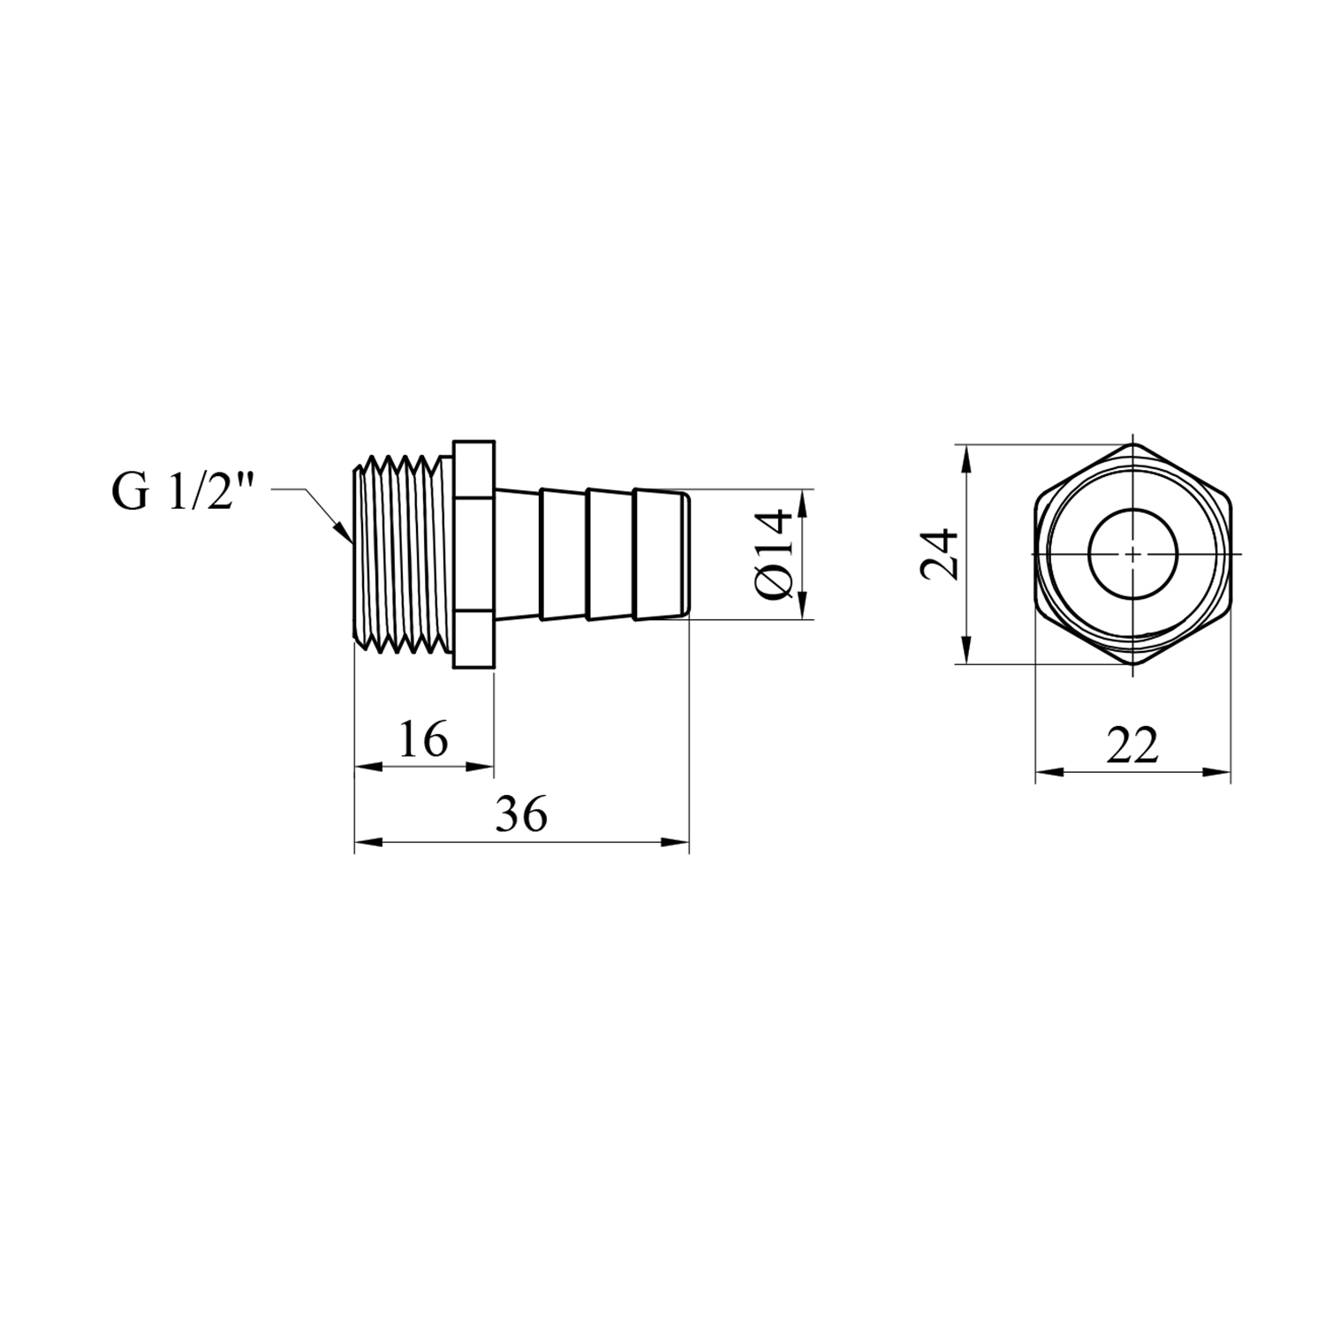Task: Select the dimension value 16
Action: [x=423, y=739]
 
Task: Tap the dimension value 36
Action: [x=521, y=814]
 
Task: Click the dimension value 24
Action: [x=940, y=554]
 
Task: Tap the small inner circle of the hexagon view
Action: [x=1132, y=554]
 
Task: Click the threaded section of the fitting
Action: [x=404, y=554]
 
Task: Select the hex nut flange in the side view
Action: [x=473, y=554]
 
